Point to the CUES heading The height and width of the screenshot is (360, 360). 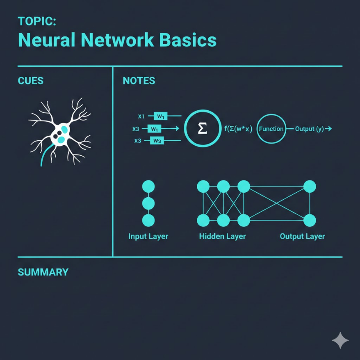(31, 80)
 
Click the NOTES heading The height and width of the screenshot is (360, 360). (139, 80)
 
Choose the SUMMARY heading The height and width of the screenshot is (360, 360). (43, 272)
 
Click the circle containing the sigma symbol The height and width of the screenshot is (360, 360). (202, 129)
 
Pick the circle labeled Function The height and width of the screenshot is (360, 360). (271, 129)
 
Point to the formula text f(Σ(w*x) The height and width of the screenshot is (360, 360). (238, 129)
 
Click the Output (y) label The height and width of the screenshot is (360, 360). (310, 129)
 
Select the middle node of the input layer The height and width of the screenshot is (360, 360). (148, 203)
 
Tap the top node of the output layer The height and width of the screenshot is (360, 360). (310, 187)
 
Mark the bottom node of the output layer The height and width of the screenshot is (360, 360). (310, 220)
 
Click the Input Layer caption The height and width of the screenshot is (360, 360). (148, 236)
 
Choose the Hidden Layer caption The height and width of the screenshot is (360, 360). (222, 236)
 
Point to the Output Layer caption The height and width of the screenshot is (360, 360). (302, 236)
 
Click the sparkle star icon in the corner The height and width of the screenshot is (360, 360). (340, 340)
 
